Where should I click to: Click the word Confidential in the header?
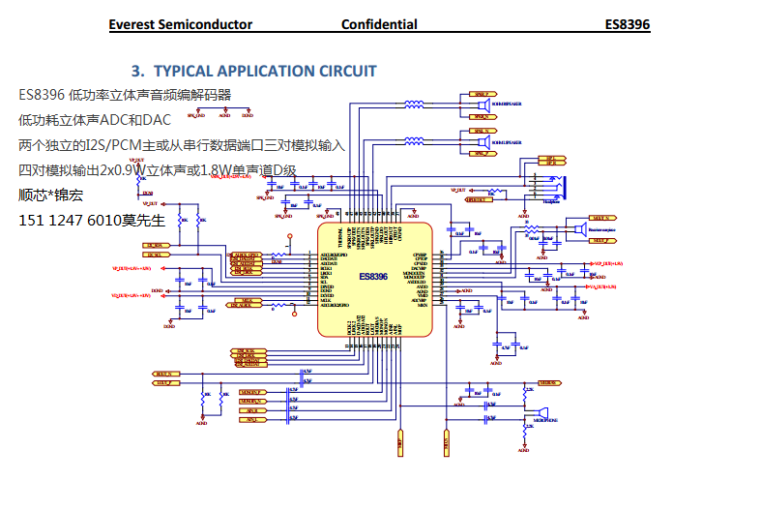click(379, 24)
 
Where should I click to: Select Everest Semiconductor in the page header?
click(181, 24)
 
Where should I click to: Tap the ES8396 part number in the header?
click(628, 24)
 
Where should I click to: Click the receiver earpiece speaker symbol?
click(578, 229)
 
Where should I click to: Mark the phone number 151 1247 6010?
click(70, 221)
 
